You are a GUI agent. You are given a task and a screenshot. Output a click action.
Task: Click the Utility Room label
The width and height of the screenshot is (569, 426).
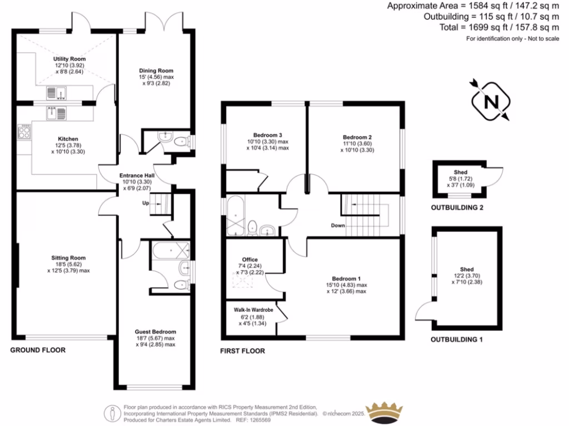click(69, 58)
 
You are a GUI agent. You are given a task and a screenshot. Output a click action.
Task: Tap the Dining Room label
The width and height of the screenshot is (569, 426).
click(156, 70)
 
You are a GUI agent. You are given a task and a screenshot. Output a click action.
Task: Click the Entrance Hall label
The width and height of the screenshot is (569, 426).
click(138, 176)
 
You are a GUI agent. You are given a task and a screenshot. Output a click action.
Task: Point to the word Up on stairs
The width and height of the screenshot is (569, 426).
click(146, 203)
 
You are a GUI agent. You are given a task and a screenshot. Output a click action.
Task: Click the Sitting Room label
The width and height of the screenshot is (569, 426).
click(68, 258)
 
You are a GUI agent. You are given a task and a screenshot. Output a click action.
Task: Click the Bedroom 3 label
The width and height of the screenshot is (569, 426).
click(268, 135)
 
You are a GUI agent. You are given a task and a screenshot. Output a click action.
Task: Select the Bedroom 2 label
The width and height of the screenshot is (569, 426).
click(357, 137)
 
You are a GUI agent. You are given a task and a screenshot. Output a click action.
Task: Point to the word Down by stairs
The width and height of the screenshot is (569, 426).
click(338, 226)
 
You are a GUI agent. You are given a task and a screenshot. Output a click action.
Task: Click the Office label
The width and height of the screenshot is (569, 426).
click(250, 260)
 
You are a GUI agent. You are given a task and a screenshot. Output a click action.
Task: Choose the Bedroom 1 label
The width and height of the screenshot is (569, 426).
click(346, 278)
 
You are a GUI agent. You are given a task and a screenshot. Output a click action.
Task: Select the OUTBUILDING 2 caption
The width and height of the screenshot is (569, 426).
click(457, 207)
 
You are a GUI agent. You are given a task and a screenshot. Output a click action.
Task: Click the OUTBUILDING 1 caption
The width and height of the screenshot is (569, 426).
click(457, 339)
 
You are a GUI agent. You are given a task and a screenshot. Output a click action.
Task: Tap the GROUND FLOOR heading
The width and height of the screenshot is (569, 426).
click(38, 350)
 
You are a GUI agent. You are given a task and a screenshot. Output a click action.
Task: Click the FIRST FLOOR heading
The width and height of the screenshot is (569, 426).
click(242, 351)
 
